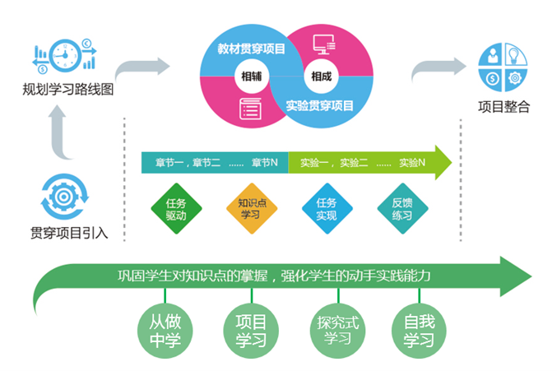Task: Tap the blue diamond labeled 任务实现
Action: (326, 210)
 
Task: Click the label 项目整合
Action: (504, 106)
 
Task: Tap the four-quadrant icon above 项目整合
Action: (503, 67)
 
